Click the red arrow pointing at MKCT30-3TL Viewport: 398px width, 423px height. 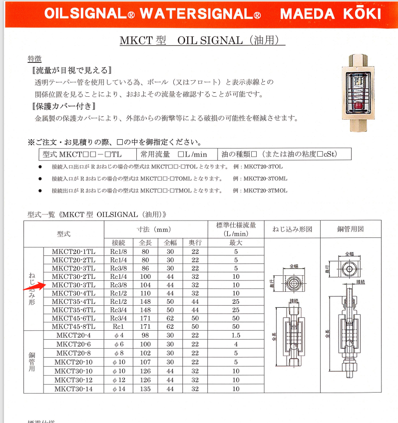click(x=33, y=287)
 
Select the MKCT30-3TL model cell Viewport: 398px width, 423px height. click(x=73, y=285)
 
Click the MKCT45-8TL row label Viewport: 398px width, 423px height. click(x=73, y=326)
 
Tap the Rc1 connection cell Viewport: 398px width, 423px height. click(x=118, y=326)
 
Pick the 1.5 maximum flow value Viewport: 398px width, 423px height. click(x=236, y=336)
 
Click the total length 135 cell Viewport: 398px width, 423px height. click(x=145, y=389)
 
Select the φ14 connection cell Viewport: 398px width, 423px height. click(x=118, y=389)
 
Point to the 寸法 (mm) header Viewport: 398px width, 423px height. click(x=156, y=229)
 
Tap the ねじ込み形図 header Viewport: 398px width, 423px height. click(x=292, y=229)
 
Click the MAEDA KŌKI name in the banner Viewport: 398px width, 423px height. click(x=330, y=13)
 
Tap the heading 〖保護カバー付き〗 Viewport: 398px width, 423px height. click(x=63, y=106)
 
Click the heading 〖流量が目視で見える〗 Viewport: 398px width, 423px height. click(x=70, y=70)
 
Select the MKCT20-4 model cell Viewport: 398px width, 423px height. click(x=73, y=336)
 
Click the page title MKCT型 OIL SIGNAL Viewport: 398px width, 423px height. click(x=202, y=40)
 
